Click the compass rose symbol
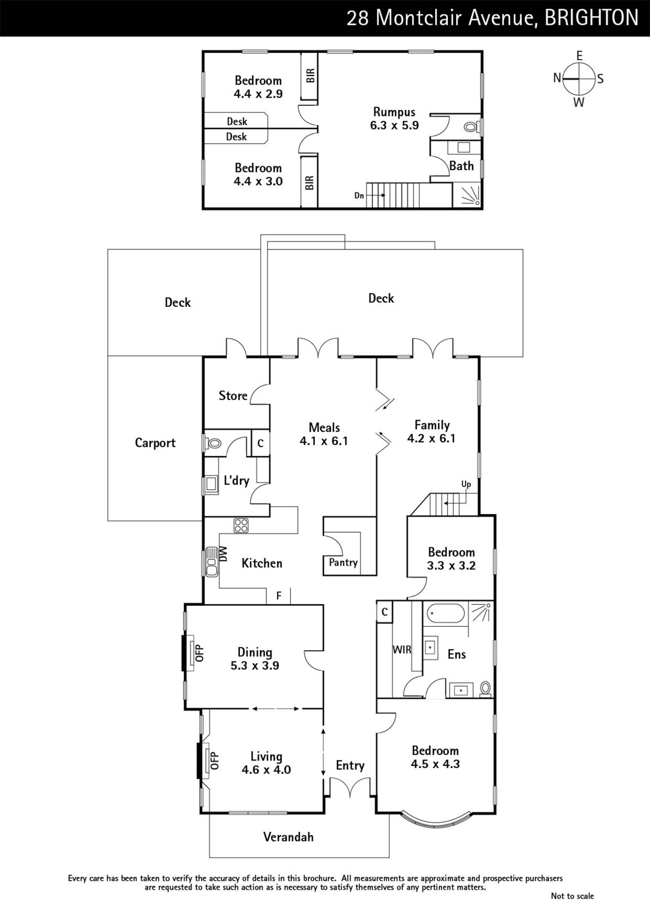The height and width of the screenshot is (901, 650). click(x=579, y=79)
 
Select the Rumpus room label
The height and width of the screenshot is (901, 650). click(x=394, y=112)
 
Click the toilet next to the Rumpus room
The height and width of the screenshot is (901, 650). click(x=471, y=127)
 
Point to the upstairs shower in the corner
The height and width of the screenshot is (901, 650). click(x=466, y=195)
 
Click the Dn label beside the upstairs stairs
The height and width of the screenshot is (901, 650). click(x=359, y=195)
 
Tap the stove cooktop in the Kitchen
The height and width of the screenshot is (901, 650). click(x=241, y=526)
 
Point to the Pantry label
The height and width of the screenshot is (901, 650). click(x=343, y=563)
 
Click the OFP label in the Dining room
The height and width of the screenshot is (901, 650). click(x=199, y=653)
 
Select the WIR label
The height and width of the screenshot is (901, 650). click(x=402, y=649)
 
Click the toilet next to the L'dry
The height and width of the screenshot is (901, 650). click(x=213, y=444)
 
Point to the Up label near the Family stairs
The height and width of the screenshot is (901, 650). click(x=466, y=484)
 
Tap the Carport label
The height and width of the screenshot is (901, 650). click(x=155, y=443)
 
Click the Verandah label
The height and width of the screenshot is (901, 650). click(x=288, y=837)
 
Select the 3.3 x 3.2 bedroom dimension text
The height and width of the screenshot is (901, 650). click(x=451, y=565)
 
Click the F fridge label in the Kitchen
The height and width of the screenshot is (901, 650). click(x=279, y=595)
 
